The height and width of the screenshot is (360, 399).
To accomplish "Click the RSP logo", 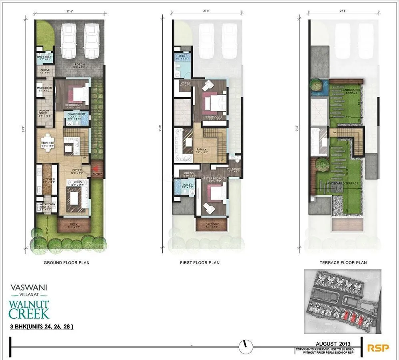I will point(378,348).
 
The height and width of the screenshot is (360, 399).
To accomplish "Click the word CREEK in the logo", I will point(29,313).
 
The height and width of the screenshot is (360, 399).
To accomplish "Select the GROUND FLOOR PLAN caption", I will point(66,263).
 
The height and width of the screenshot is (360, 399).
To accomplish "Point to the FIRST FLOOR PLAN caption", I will point(199,263).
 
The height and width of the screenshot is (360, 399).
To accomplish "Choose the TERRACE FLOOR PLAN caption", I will point(343,263).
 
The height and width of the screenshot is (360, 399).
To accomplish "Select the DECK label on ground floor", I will point(73,224).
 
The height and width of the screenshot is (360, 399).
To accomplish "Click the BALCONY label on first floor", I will point(212,224).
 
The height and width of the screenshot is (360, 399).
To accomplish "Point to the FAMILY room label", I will point(201,150).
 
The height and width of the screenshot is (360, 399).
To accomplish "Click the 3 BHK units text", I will point(42,327).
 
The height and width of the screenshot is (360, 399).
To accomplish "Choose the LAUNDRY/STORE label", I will point(43,112).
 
